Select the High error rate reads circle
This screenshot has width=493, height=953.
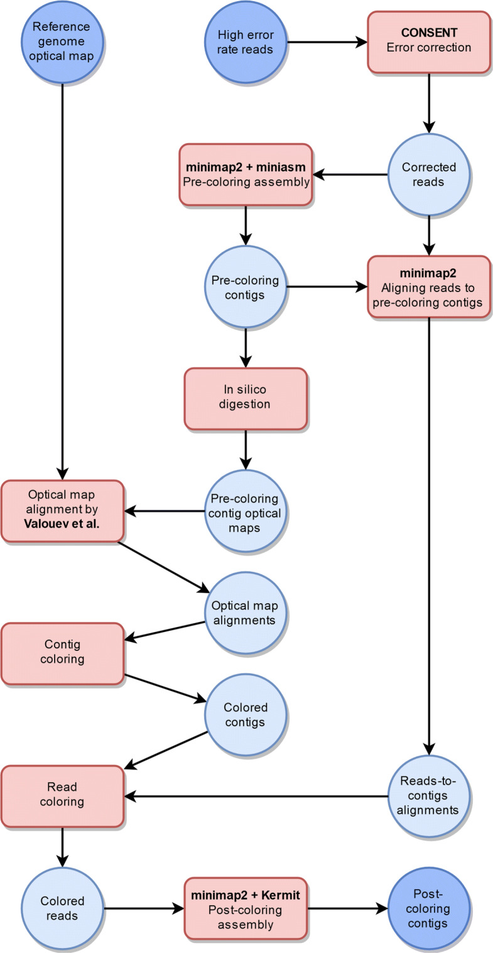(246, 42)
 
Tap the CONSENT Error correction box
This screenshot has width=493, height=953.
(428, 42)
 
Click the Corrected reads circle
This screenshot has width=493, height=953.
(428, 174)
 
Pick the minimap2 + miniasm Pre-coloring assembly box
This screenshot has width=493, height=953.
(246, 174)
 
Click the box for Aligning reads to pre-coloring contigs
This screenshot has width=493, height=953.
(428, 286)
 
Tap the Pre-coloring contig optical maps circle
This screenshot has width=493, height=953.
(246, 510)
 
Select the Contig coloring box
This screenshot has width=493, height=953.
(62, 653)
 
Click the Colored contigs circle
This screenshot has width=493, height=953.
(246, 715)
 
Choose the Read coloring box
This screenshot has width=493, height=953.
(62, 795)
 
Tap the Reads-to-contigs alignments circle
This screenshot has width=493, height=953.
(428, 795)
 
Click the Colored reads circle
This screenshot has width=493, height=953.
(62, 908)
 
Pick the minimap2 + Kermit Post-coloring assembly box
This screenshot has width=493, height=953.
(246, 908)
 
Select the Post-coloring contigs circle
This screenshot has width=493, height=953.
(428, 908)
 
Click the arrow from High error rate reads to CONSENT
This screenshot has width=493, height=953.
(327, 42)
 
